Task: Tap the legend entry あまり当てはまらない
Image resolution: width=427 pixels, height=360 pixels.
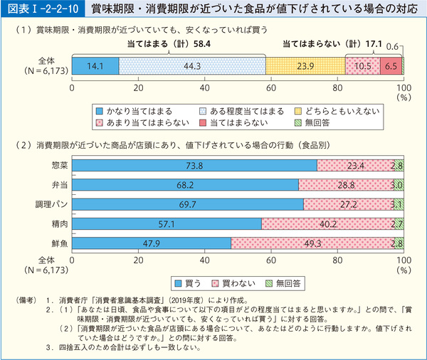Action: pos(145,124)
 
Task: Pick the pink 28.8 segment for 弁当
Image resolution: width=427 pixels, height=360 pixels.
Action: pos(345,185)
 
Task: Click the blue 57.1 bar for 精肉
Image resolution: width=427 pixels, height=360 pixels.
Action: pos(167,223)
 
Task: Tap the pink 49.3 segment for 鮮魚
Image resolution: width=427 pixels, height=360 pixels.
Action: pos(312,243)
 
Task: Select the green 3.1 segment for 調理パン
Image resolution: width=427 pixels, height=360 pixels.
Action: pos(399,204)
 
